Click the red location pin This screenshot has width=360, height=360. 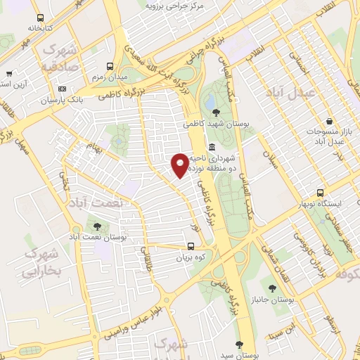[180, 164]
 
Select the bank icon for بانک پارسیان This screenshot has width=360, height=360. [63, 89]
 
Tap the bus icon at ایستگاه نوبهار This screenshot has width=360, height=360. [321, 193]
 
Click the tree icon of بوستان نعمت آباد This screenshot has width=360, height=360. [96, 226]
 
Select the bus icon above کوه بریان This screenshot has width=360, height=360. [191, 246]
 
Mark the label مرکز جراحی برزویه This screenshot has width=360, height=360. [174, 6]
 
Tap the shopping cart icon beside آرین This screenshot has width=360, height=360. [9, 73]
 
